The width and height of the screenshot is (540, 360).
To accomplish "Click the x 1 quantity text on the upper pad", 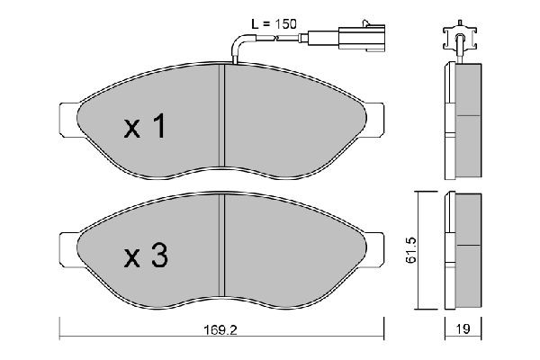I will coord(144,127).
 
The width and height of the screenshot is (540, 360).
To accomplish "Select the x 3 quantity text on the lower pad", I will coord(144,258).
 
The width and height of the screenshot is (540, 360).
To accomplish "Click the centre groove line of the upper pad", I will coord(222,117).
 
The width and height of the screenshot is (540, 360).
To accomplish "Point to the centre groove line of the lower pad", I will coord(222,247).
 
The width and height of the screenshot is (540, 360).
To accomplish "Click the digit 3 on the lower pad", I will coord(158,258).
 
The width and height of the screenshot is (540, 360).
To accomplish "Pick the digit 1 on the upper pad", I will coord(159,127).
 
